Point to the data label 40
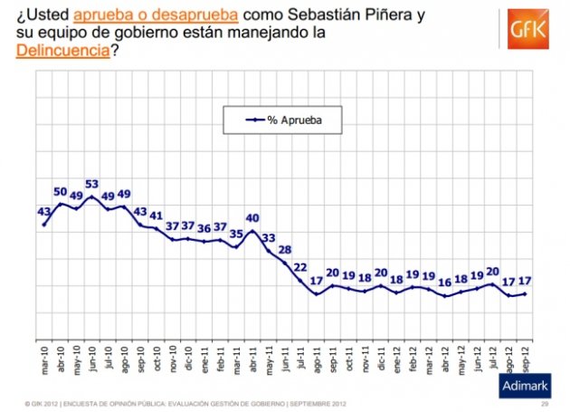[252, 218]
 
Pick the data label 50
[61, 192]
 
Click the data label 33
[268, 238]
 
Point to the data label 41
[157, 216]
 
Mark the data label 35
[236, 234]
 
